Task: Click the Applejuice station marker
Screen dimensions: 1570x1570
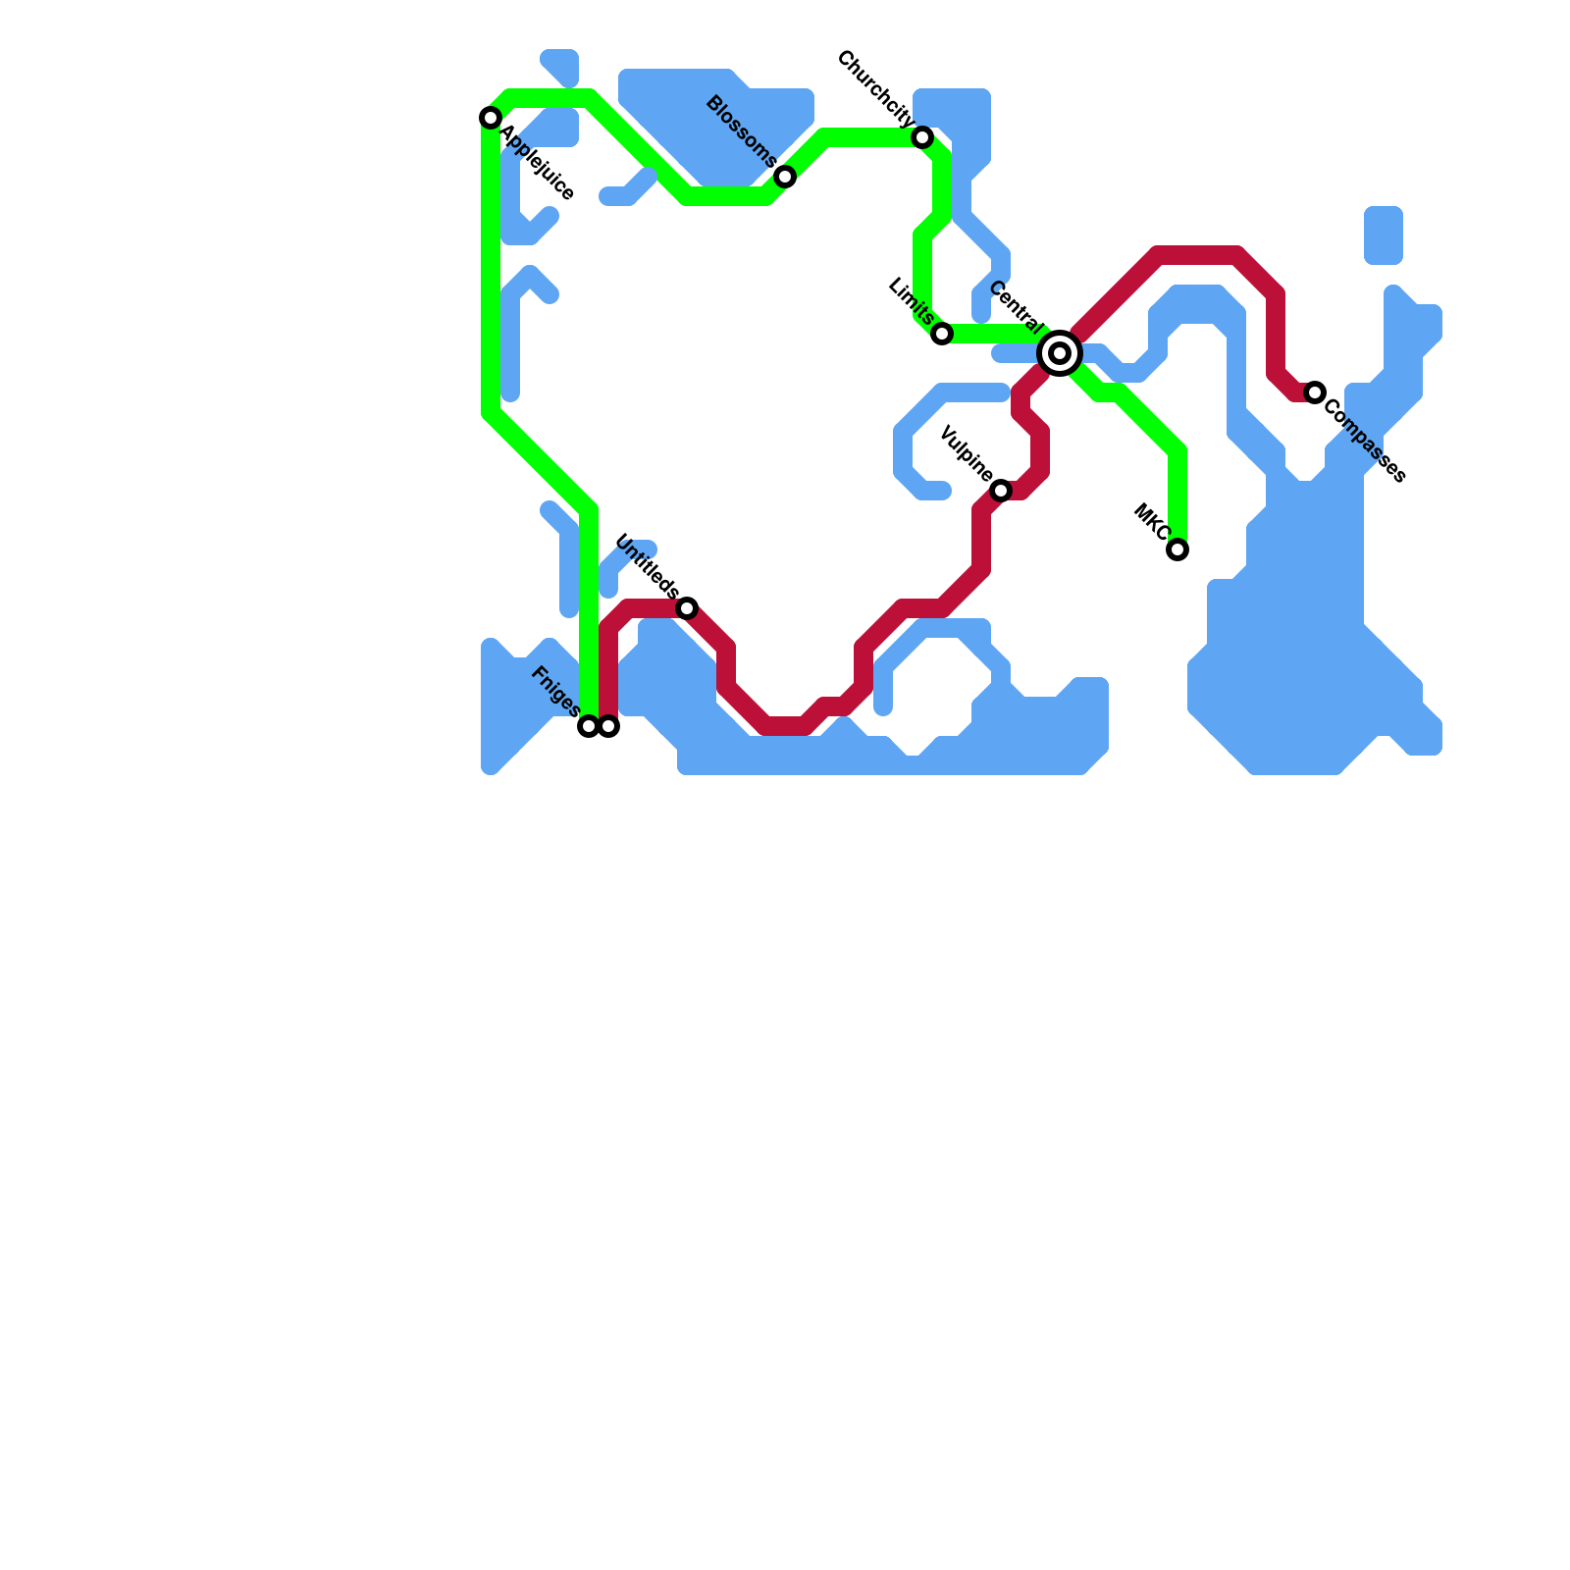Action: [x=491, y=118]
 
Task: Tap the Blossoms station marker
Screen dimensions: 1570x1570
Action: [x=785, y=177]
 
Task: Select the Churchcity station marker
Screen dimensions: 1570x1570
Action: [x=922, y=137]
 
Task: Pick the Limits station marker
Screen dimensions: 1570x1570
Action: [x=942, y=334]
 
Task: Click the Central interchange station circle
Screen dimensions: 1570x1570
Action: [x=1060, y=353]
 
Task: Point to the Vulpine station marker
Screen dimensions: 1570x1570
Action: [x=1001, y=491]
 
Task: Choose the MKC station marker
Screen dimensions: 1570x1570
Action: [x=1177, y=549]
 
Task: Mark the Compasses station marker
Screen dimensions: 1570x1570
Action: [x=1315, y=392]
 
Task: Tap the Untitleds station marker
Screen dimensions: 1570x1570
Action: [x=687, y=608]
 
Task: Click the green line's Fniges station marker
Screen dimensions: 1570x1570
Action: [x=589, y=726]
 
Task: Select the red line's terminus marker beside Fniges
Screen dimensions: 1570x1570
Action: [x=608, y=726]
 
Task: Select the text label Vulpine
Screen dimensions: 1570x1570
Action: [x=966, y=454]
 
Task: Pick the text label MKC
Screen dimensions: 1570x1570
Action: [x=1151, y=523]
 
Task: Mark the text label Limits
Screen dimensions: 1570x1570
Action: [x=910, y=301]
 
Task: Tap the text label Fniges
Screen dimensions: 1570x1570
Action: [x=554, y=690]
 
